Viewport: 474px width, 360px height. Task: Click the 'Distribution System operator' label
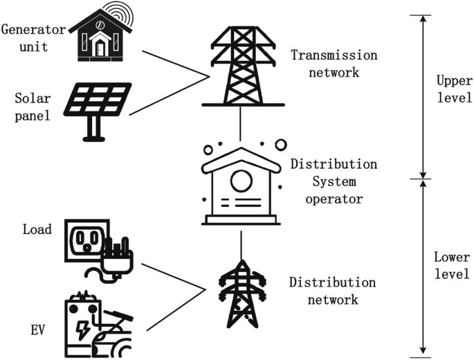point(334,182)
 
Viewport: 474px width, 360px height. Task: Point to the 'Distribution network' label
point(333,291)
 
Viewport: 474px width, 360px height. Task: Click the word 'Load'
point(37,230)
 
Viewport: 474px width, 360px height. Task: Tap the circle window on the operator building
point(240,181)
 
